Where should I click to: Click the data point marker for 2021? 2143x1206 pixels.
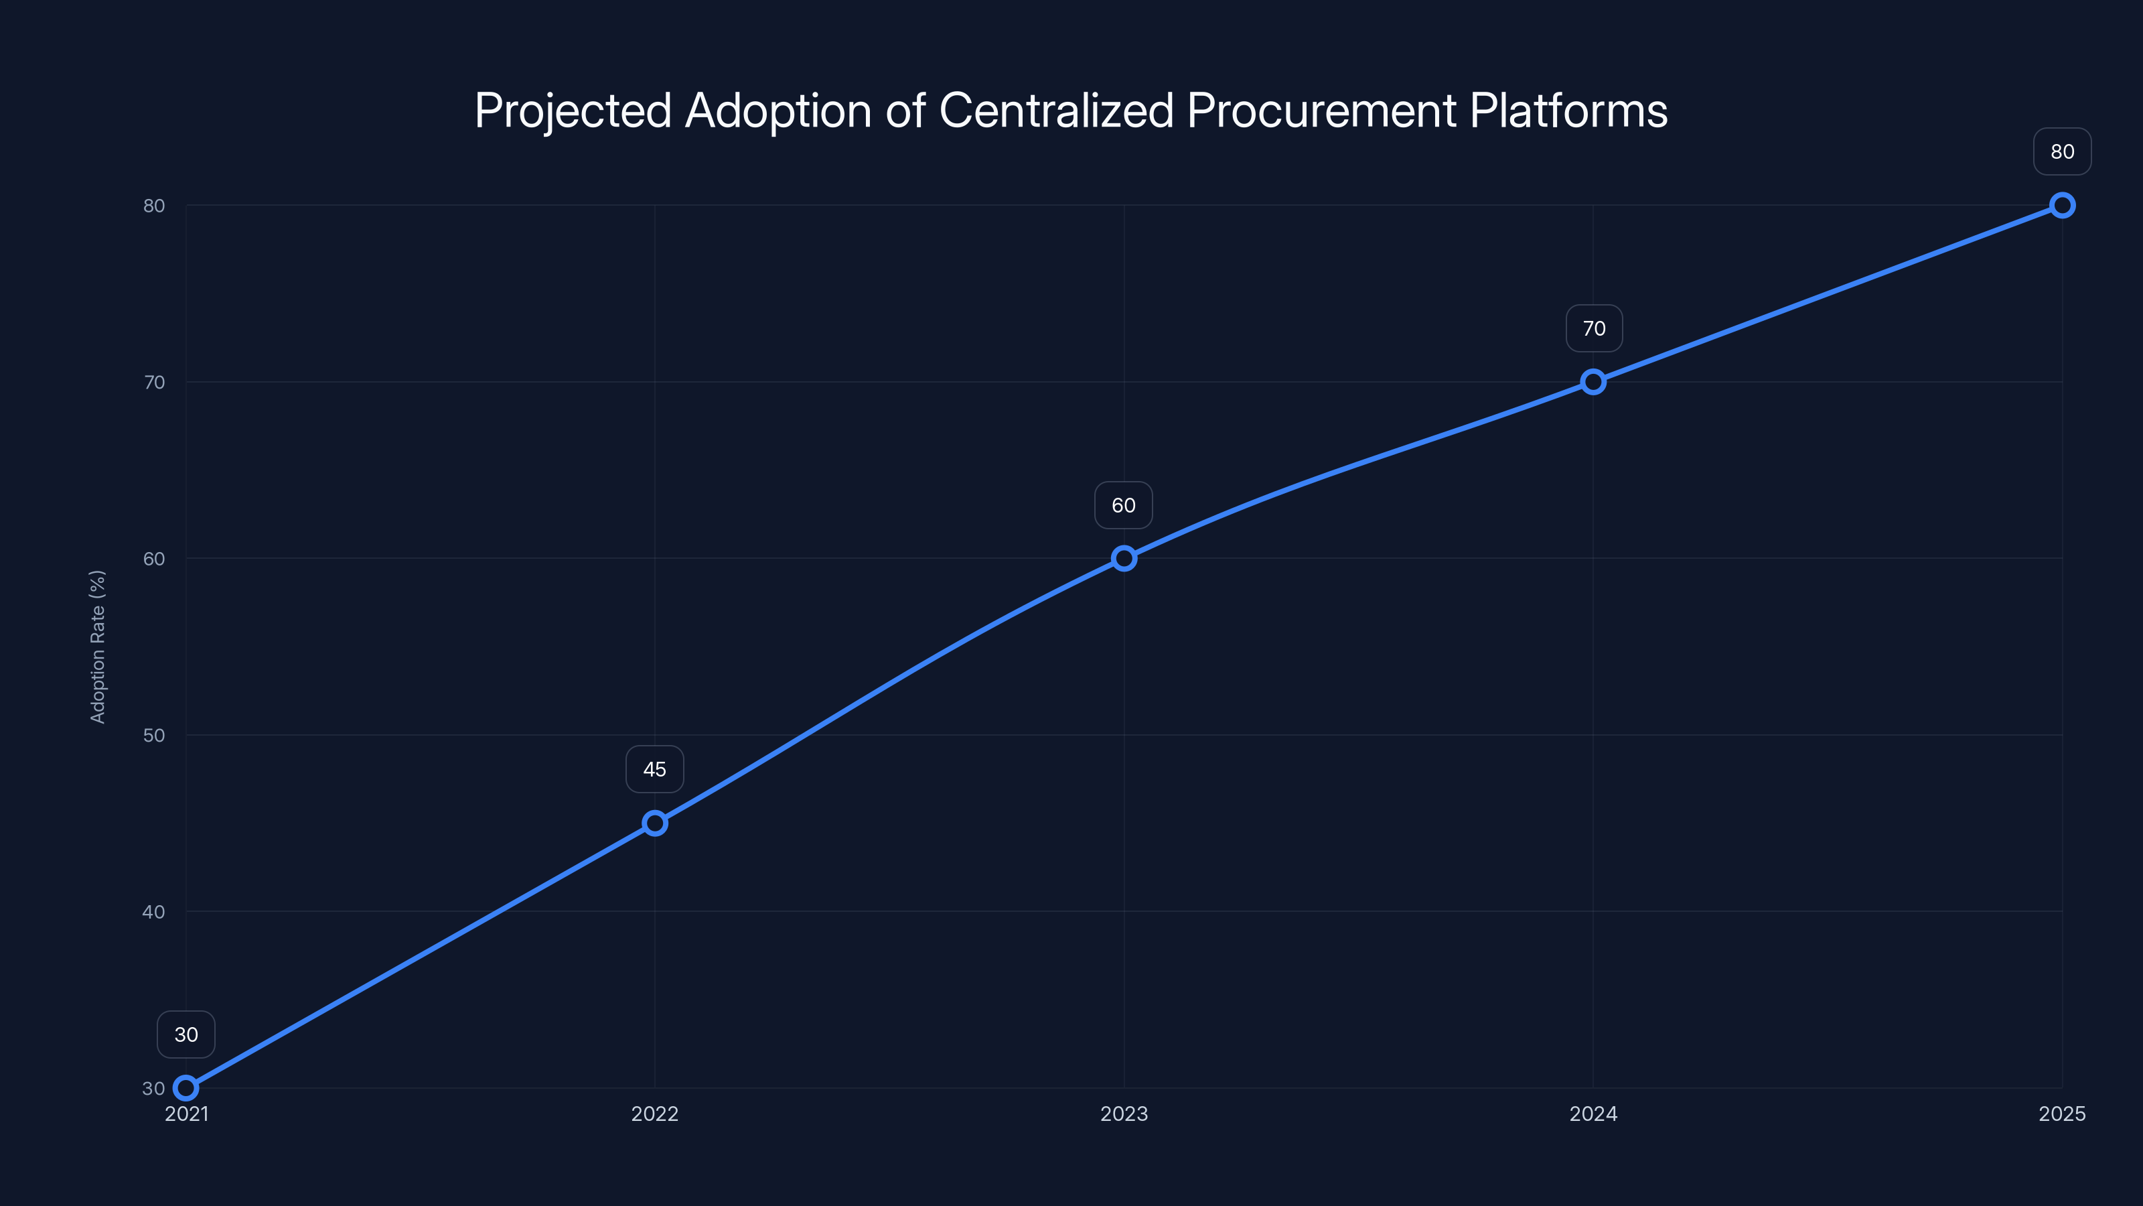tap(186, 1088)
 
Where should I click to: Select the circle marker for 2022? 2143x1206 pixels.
tap(655, 823)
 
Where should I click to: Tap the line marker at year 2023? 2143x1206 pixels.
tap(1124, 559)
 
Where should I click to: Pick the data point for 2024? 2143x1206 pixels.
tap(1593, 382)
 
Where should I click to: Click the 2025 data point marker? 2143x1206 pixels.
tap(2063, 206)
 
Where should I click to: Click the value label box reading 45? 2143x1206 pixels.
tap(655, 769)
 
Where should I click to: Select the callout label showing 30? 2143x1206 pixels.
tap(186, 1034)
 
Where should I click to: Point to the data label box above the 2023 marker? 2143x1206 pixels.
tap(1124, 505)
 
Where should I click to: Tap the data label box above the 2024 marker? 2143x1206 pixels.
tap(1593, 329)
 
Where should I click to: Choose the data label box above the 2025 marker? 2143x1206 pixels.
tap(2063, 151)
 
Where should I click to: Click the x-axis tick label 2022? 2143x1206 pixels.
tap(655, 1114)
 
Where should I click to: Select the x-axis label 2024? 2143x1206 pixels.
tap(1593, 1114)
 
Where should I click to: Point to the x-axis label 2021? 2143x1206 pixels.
tap(186, 1114)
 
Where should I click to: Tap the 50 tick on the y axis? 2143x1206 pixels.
tap(154, 735)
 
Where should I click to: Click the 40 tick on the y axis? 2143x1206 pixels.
tap(154, 911)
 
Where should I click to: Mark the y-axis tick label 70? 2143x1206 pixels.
tap(154, 382)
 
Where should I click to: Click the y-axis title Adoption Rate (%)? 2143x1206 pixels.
tap(97, 647)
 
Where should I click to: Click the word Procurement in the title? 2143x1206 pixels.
tap(1321, 110)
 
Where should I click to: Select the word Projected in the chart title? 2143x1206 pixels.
tap(573, 111)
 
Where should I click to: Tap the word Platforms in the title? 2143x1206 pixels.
tap(1568, 110)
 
